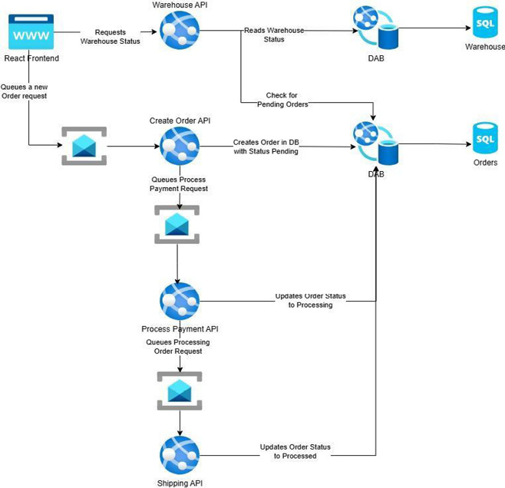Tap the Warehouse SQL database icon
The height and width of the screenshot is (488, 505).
(x=484, y=24)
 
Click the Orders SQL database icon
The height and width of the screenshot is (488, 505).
(x=484, y=138)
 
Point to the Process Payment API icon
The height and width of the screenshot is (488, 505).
(x=179, y=302)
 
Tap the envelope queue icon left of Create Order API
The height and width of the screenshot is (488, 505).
(x=84, y=146)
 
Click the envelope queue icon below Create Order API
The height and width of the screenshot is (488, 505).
(x=177, y=224)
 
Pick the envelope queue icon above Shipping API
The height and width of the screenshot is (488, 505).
(x=179, y=391)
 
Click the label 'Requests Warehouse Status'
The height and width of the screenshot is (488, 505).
(x=110, y=37)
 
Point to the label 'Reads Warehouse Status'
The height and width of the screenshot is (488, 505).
(x=274, y=35)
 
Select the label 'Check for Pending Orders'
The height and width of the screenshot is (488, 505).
(x=282, y=100)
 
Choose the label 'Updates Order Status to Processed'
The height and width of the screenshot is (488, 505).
(x=295, y=451)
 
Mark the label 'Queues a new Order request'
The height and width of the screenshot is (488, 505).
(x=29, y=91)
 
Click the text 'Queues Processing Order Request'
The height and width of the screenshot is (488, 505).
(x=178, y=346)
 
